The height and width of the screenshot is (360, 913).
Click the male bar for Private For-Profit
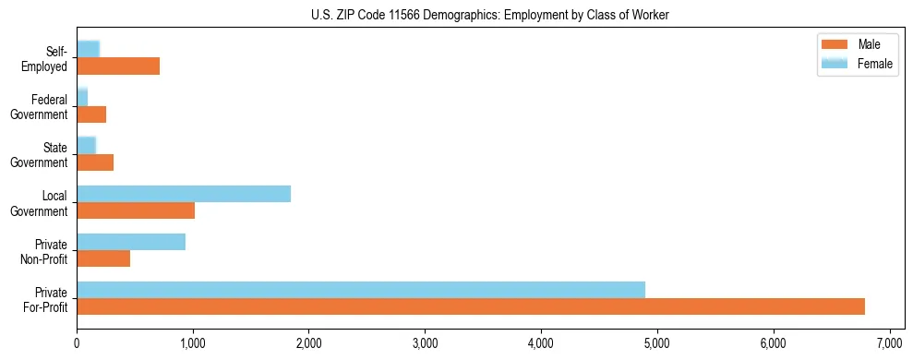(470, 306)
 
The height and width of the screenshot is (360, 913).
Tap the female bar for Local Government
(184, 193)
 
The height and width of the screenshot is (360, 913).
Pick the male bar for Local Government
(136, 210)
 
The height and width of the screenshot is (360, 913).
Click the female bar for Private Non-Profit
(131, 241)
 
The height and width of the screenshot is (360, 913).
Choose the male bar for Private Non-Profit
(103, 258)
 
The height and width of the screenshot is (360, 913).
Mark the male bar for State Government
(95, 162)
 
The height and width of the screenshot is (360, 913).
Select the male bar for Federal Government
(91, 114)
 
